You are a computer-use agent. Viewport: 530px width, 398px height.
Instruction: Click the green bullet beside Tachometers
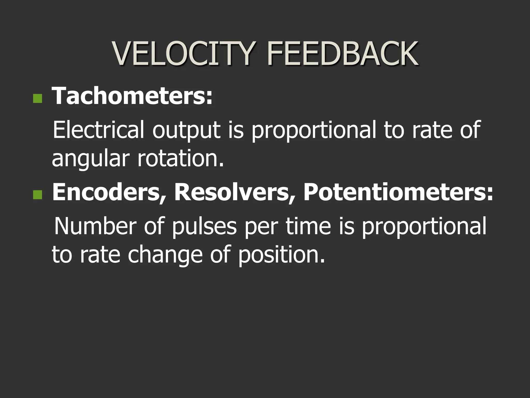[38, 99]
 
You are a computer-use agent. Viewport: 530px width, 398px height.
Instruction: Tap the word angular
[90, 159]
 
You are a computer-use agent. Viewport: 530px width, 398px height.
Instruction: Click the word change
[165, 255]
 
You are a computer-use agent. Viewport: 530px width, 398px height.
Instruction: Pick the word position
[281, 255]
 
